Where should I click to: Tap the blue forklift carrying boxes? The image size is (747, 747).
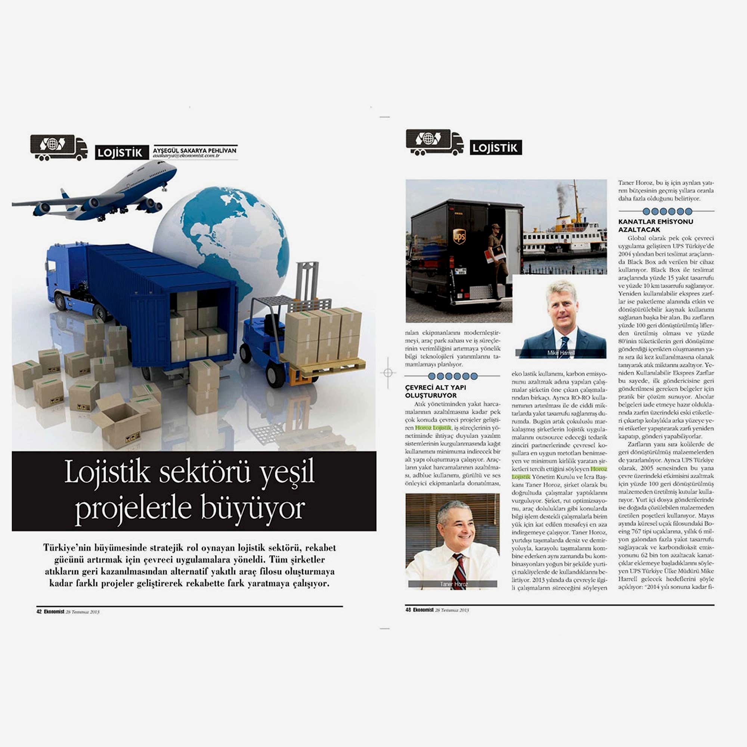click(x=267, y=340)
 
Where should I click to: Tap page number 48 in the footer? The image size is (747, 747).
click(x=408, y=610)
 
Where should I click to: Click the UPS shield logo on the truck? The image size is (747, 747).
click(x=459, y=236)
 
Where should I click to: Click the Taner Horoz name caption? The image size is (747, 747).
click(x=453, y=584)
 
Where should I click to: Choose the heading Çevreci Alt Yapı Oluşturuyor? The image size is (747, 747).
click(x=436, y=391)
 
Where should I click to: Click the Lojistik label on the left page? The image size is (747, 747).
click(x=121, y=153)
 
